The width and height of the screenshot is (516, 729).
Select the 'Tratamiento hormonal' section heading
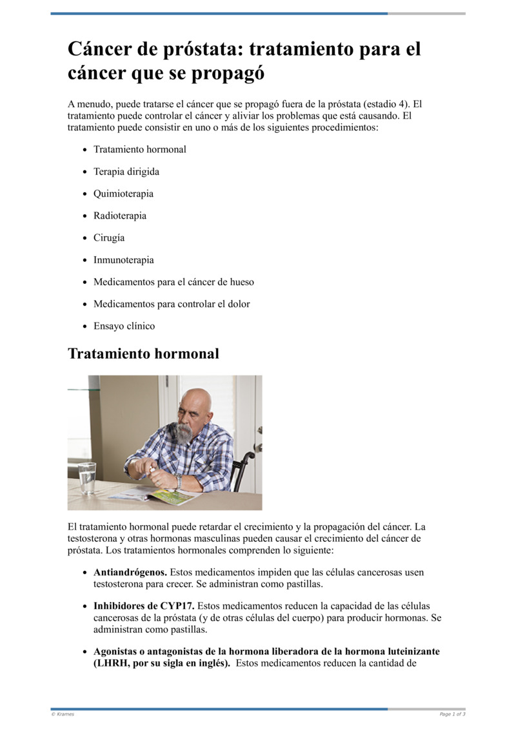[143, 354]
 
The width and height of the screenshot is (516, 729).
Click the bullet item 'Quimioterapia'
[123, 194]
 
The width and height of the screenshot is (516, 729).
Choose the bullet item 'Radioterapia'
[120, 215]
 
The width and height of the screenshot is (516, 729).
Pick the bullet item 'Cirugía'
[109, 237]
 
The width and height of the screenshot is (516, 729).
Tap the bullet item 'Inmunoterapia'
[124, 260]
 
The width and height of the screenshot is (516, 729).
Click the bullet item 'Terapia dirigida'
[126, 172]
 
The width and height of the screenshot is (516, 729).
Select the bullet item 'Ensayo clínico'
[124, 326]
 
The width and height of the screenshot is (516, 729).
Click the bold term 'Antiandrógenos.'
[130, 572]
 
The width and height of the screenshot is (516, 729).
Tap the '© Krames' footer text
[63, 714]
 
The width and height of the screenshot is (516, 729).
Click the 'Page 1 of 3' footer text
[452, 714]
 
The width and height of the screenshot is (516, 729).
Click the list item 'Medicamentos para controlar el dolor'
[172, 304]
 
